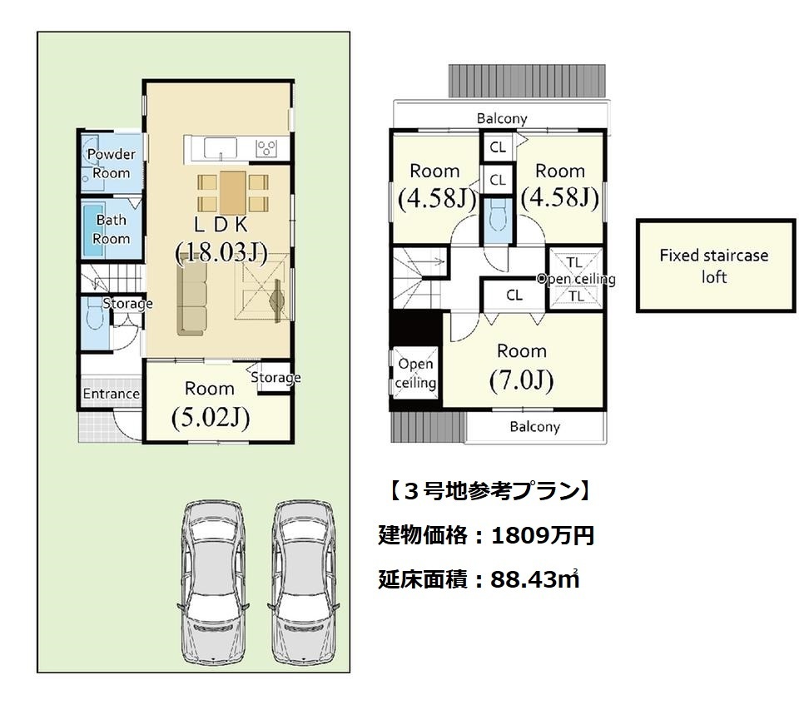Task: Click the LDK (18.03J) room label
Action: [221, 240]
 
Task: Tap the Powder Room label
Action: [111, 163]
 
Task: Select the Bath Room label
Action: [111, 229]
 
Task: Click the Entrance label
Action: [111, 394]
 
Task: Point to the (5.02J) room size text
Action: [211, 418]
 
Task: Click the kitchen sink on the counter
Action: [221, 148]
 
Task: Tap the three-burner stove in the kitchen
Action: [266, 149]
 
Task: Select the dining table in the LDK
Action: [233, 193]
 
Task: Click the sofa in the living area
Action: [192, 296]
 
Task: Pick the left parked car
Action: [212, 582]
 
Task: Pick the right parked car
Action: [303, 582]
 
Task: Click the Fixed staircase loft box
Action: [715, 266]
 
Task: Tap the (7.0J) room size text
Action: [522, 381]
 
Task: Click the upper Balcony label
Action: [502, 119]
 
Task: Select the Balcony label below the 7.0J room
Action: [534, 427]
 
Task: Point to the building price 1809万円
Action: [543, 536]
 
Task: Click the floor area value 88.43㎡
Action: [535, 579]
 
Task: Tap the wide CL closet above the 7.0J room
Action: [514, 295]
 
